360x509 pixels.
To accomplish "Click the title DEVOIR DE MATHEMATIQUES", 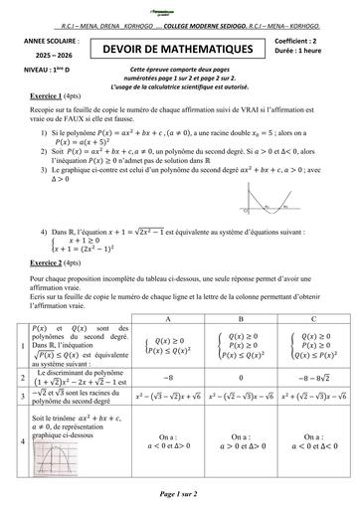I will coord(180,48).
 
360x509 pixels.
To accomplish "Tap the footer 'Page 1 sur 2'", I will coord(180,493).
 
